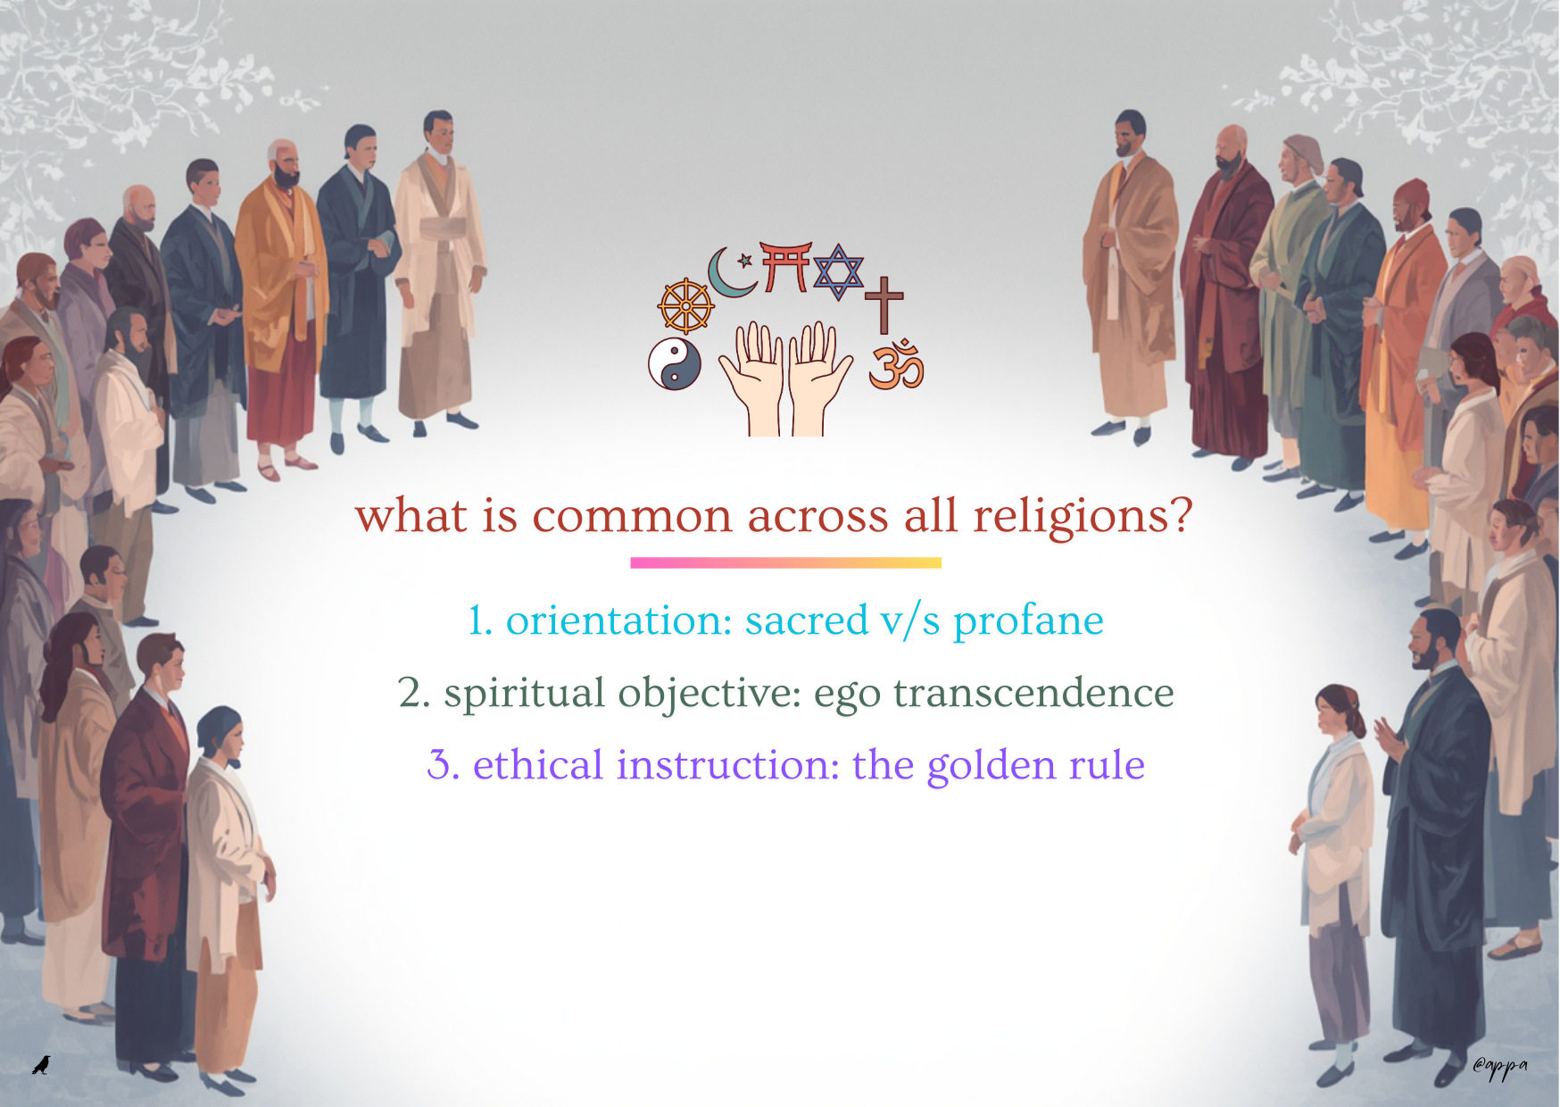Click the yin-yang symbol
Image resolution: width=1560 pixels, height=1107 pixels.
(x=675, y=364)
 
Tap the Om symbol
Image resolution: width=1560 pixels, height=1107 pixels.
(x=896, y=364)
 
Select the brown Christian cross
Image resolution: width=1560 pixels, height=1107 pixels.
(x=884, y=304)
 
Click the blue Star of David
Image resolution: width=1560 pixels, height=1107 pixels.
(x=838, y=271)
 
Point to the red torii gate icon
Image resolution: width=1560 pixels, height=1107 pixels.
(x=785, y=266)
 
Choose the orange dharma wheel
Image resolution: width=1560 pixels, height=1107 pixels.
(x=685, y=306)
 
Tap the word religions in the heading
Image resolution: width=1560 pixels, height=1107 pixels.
(x=1082, y=517)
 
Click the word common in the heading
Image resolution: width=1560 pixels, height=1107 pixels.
(x=632, y=517)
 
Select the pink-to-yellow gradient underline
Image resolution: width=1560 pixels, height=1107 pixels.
(x=785, y=562)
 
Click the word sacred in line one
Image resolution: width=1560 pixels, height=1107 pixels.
(x=807, y=620)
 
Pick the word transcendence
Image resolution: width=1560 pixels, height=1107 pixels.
(x=1033, y=693)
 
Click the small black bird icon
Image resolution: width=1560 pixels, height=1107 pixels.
(x=41, y=1064)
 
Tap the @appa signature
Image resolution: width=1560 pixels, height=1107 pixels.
(x=1500, y=1067)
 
